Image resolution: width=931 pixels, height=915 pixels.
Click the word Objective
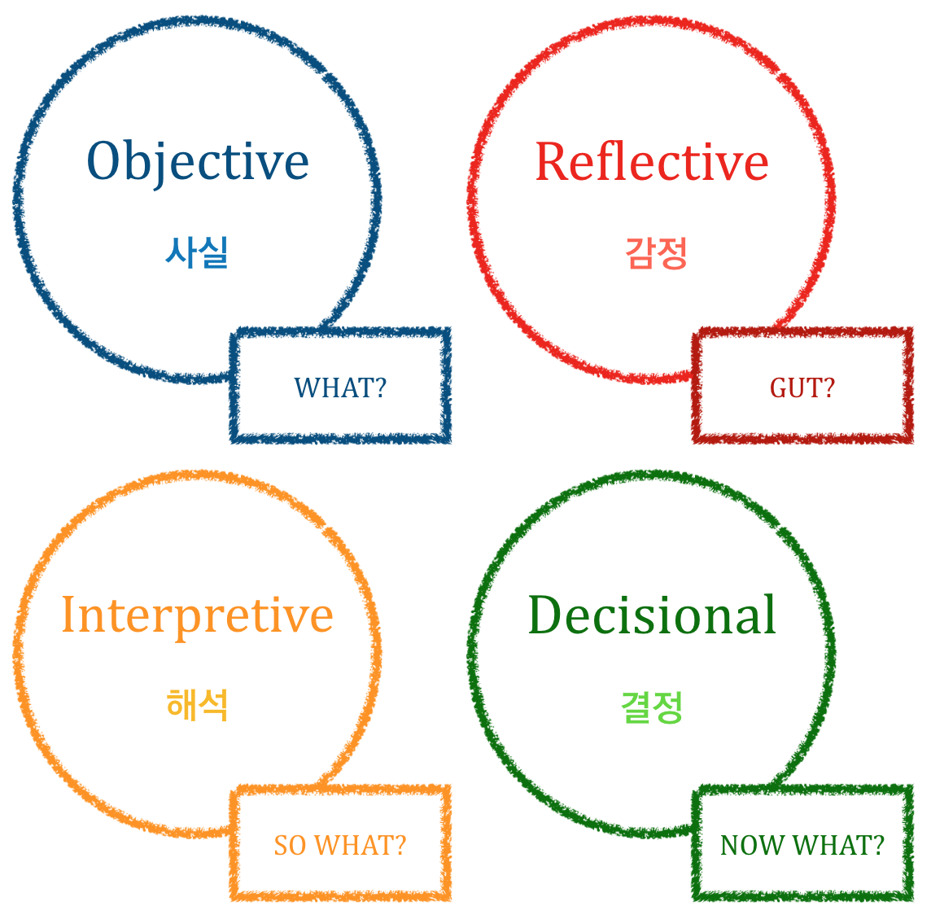tap(198, 161)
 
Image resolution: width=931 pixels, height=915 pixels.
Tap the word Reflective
tap(651, 161)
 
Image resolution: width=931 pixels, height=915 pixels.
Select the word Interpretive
tap(198, 615)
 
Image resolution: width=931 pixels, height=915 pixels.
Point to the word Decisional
tap(652, 615)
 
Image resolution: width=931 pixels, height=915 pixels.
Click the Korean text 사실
tap(197, 252)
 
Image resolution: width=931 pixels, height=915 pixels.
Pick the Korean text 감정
tap(656, 252)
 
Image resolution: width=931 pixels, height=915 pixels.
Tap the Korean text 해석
tap(197, 705)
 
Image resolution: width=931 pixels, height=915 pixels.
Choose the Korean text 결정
tap(652, 706)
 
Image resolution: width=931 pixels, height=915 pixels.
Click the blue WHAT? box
tap(340, 386)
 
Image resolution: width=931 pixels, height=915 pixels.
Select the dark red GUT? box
tap(802, 386)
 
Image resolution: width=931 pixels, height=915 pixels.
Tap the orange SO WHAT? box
tap(340, 843)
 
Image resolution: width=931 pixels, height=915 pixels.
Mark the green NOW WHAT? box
tap(802, 843)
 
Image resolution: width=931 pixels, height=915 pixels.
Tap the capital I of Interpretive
tap(68, 615)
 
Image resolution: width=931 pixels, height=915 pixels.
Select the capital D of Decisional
tap(548, 615)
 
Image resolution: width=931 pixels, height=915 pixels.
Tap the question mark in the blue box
tap(378, 387)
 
